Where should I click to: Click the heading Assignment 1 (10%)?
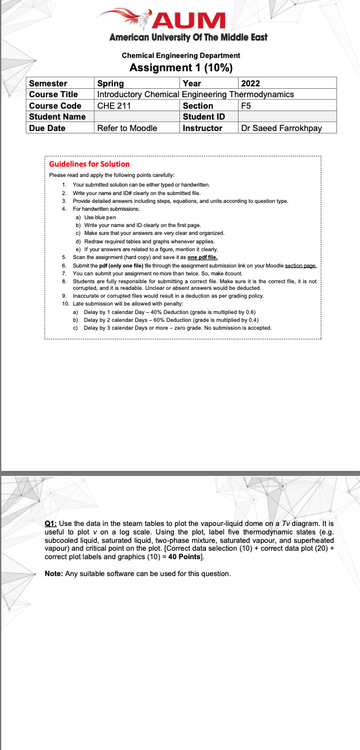click(x=181, y=67)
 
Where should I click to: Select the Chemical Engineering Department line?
click(x=181, y=56)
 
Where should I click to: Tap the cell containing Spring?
click(x=138, y=83)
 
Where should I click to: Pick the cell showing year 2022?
click(x=287, y=83)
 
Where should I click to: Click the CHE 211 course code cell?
click(x=138, y=106)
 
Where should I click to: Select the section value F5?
click(x=287, y=106)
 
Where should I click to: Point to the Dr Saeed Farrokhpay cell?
click(x=287, y=128)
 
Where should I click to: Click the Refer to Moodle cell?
click(x=138, y=128)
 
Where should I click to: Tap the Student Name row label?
click(x=60, y=117)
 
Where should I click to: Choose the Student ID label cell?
click(x=208, y=117)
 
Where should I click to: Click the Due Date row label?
click(x=60, y=128)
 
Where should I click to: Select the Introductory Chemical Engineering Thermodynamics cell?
click(x=196, y=94)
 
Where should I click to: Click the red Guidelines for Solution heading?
click(x=89, y=164)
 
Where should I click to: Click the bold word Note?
click(x=55, y=573)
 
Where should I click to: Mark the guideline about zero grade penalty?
click(x=178, y=328)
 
